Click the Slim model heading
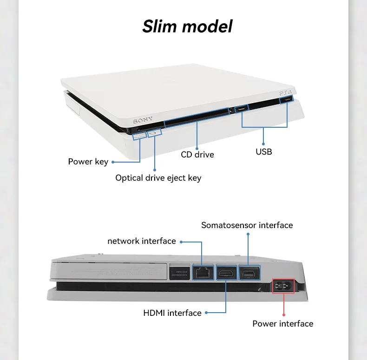pos(187,26)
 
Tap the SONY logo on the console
pos(143,121)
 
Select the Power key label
pos(88,162)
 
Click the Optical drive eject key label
pos(158,178)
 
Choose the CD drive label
pos(197,154)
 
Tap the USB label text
pos(264,151)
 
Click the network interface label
pos(142,241)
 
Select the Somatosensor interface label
pos(247,225)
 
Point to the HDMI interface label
pos(172,313)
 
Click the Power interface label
pos(282,324)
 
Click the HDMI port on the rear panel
pos(225,273)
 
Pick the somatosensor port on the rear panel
pos(248,273)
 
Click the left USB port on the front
pos(242,110)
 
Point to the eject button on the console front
pos(154,132)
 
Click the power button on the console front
pos(139,135)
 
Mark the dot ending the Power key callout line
pos(113,162)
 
